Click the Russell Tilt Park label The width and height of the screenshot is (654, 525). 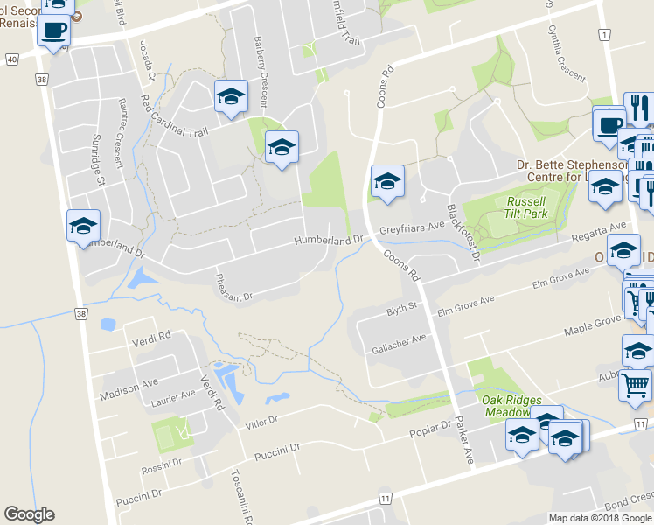[525, 207]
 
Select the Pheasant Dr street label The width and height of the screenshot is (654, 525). [233, 286]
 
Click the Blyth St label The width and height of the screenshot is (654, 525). [403, 310]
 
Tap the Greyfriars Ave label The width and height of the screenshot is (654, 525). [412, 230]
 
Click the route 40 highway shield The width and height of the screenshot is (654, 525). [11, 59]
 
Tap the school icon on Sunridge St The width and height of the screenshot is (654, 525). [83, 227]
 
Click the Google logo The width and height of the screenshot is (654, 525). [29, 514]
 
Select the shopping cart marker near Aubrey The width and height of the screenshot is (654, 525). [634, 384]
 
